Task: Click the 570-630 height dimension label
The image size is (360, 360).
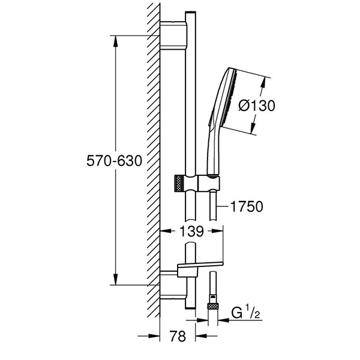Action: (x=114, y=161)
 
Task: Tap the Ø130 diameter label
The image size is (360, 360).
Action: (x=256, y=106)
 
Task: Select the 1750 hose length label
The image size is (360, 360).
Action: (x=247, y=206)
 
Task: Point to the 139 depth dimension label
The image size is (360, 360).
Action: (x=191, y=231)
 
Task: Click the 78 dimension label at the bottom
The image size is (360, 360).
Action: (x=178, y=336)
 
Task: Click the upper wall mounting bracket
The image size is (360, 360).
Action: (x=173, y=35)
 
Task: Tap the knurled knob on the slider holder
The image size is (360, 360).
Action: (x=179, y=184)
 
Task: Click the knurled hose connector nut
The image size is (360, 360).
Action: (x=213, y=306)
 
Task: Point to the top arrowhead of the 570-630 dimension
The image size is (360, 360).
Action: (x=116, y=41)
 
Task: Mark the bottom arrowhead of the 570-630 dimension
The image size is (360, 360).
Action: (x=116, y=279)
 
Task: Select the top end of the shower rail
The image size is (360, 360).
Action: (x=191, y=12)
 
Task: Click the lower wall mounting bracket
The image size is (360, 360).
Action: (x=173, y=285)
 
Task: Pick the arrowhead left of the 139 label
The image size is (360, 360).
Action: (x=166, y=231)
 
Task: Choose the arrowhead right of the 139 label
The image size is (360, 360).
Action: (x=217, y=231)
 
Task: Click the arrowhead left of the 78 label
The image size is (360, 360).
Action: (x=154, y=336)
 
